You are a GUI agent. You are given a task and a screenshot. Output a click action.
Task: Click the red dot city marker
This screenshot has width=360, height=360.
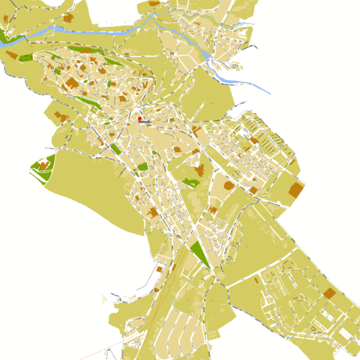[x=139, y=118]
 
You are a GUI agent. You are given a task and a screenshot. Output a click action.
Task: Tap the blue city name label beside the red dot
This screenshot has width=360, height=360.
[x=145, y=123]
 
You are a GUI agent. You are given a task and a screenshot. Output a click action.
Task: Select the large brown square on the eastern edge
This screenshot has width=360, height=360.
[x=295, y=190]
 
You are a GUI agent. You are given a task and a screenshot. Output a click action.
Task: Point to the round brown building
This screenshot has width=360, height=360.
[x=229, y=184]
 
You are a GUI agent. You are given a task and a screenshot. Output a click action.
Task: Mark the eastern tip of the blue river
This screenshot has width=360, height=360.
[x=268, y=91]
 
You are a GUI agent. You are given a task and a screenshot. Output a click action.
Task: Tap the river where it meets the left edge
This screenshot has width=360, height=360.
[x=3, y=43]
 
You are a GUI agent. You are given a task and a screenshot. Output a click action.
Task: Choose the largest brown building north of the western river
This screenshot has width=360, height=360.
[x=68, y=17]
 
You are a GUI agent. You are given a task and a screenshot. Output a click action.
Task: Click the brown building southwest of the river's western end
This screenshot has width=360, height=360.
[x=10, y=54]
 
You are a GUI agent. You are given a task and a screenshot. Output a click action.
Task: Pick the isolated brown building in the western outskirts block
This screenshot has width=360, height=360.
[x=61, y=117]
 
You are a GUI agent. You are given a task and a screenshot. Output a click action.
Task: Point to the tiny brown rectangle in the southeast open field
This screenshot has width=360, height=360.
[x=256, y=280]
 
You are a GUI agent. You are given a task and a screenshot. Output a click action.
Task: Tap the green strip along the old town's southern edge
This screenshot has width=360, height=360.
[x=114, y=148]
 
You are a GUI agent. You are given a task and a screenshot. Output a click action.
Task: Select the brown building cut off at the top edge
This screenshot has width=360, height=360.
[x=155, y=3]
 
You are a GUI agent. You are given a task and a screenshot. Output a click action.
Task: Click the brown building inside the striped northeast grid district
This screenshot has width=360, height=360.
[x=253, y=139]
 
